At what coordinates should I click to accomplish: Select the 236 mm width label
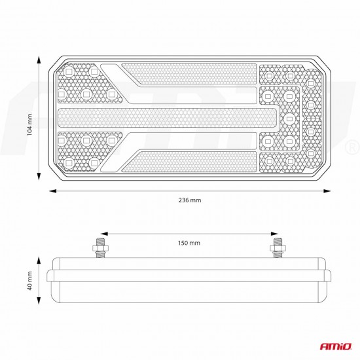[189, 200]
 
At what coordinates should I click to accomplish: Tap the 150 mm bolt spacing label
[190, 243]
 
